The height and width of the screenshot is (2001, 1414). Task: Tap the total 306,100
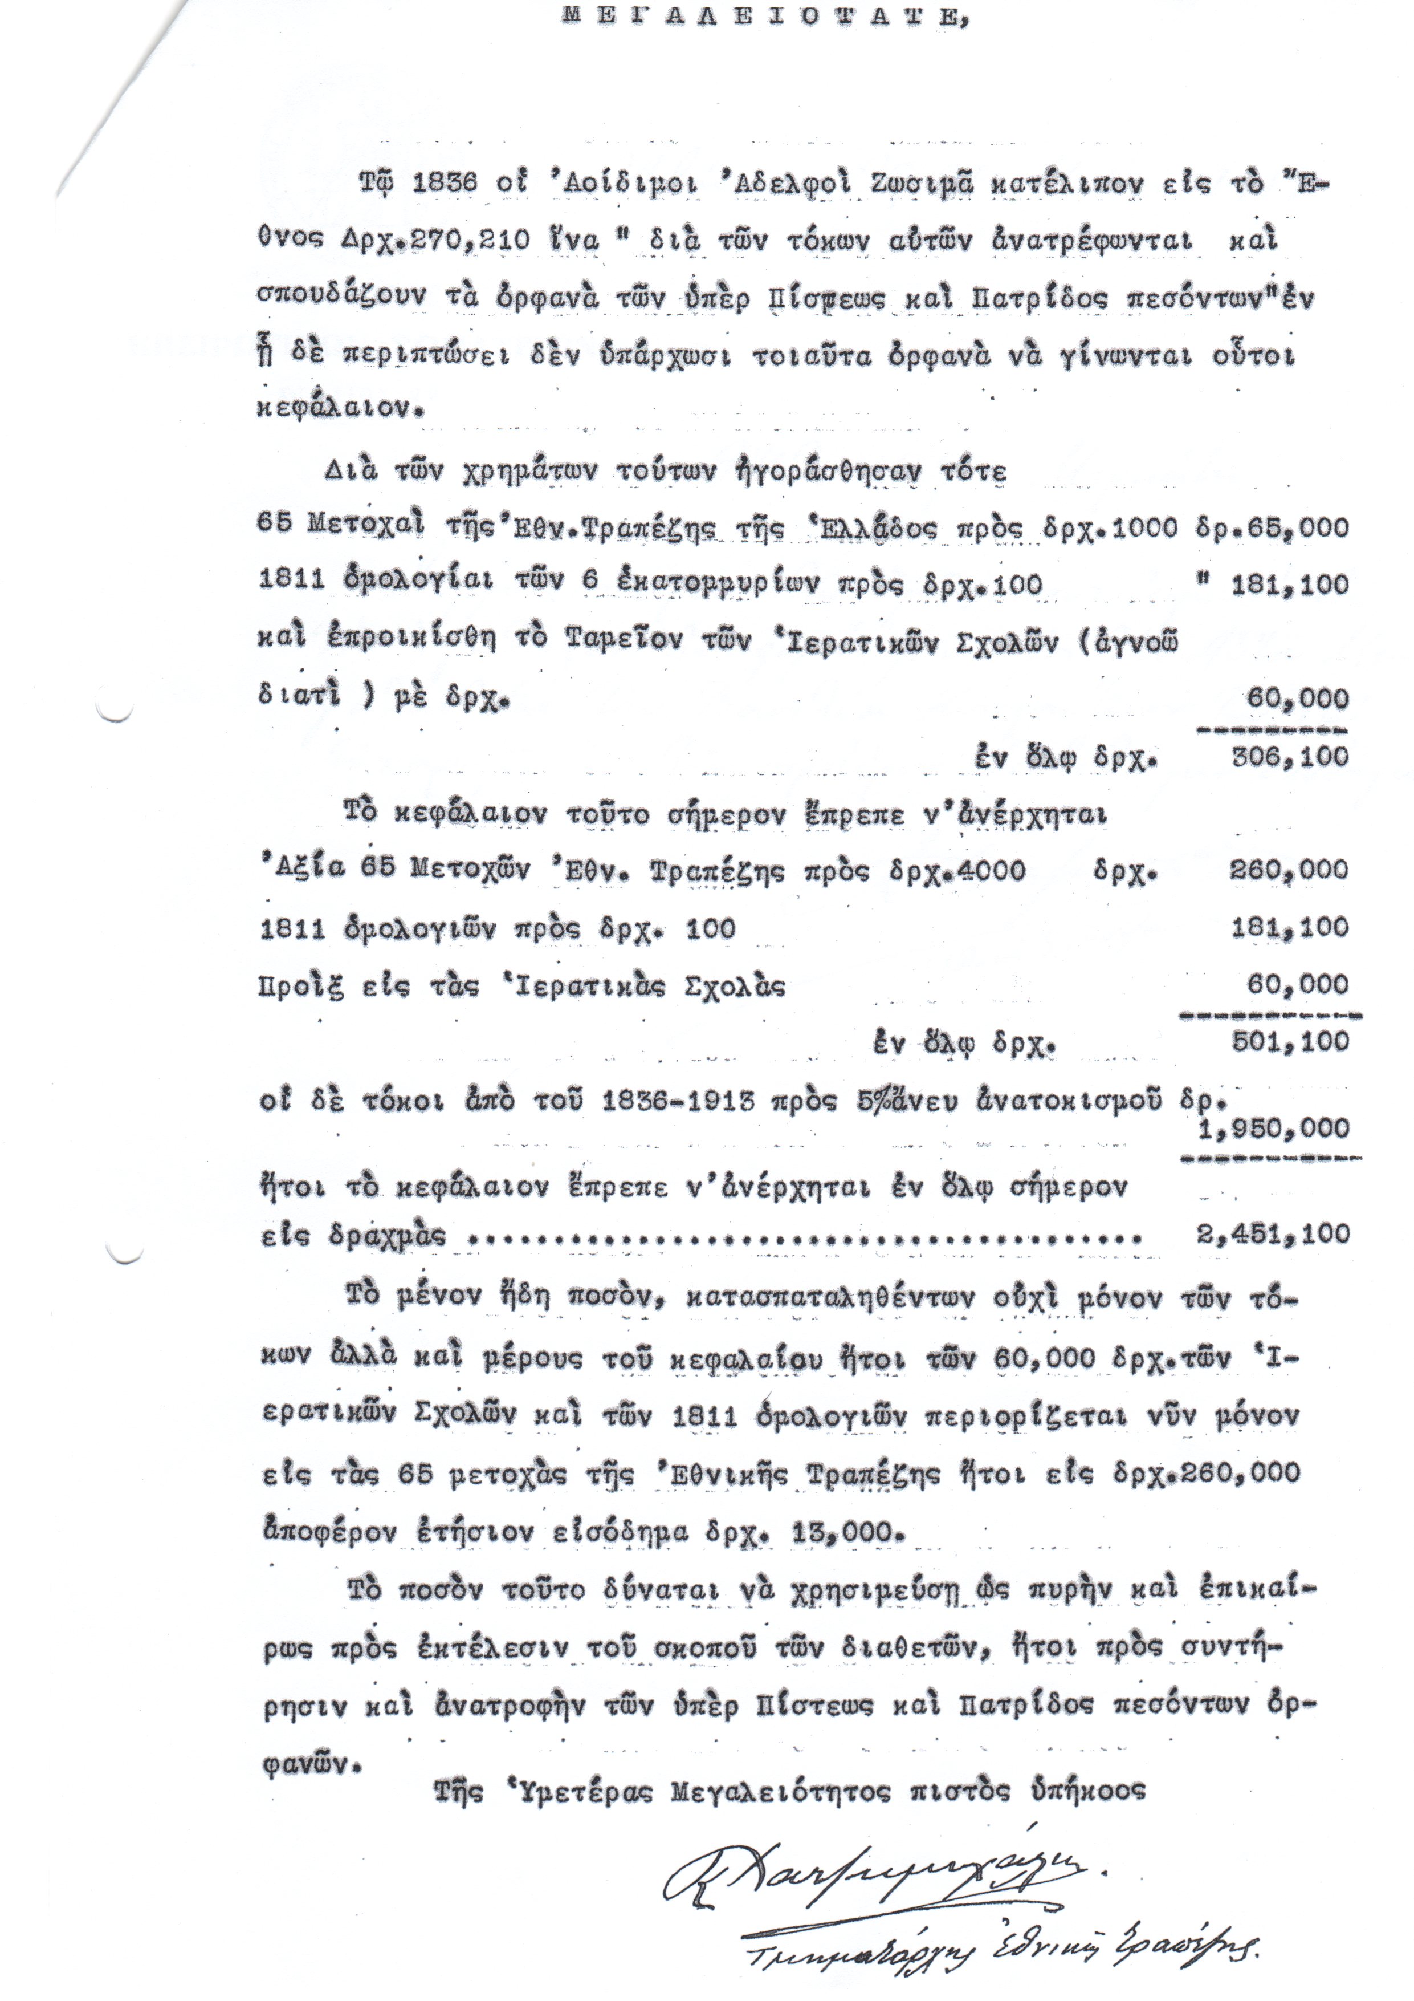pyautogui.click(x=1289, y=757)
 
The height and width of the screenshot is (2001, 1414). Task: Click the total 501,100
pyautogui.click(x=1289, y=1041)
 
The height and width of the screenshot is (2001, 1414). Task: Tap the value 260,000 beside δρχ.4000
pyautogui.click(x=1289, y=870)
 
